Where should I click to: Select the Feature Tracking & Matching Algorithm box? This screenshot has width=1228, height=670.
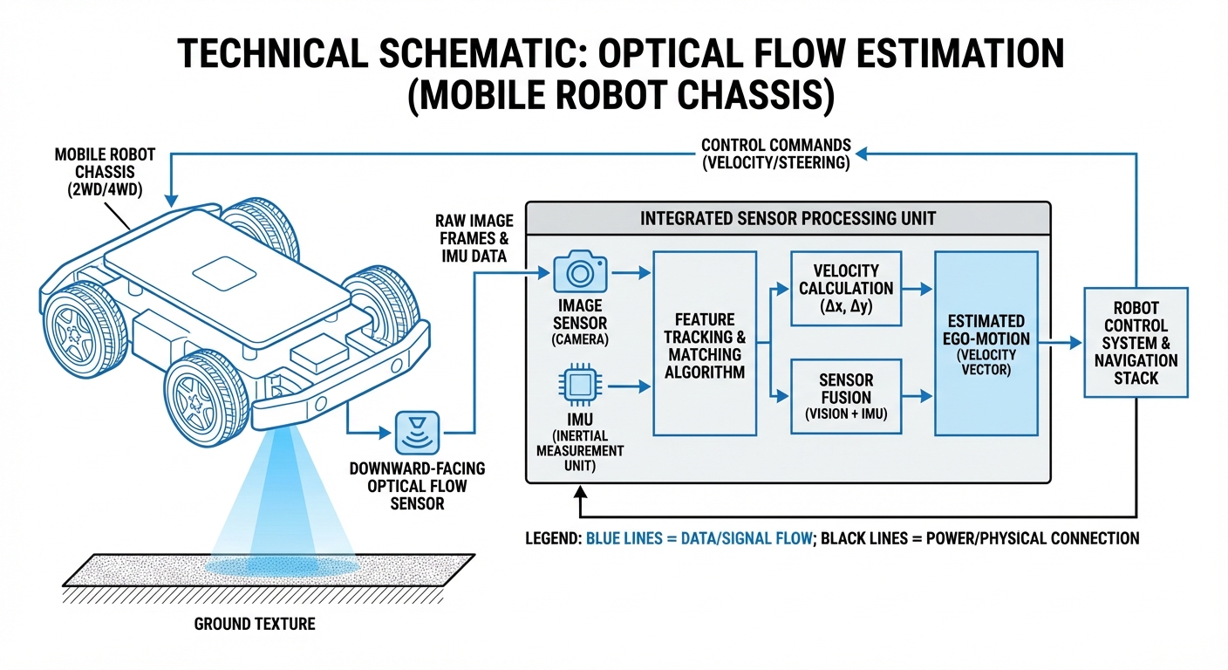(x=704, y=344)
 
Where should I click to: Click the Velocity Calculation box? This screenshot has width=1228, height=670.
(x=846, y=288)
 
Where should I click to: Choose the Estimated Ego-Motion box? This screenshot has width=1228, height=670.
(x=986, y=344)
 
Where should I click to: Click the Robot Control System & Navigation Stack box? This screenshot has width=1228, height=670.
(x=1136, y=344)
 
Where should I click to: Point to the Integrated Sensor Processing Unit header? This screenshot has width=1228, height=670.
(x=788, y=217)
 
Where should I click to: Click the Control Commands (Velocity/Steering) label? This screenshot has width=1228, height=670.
(x=775, y=154)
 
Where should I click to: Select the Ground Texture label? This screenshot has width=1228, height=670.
(x=255, y=624)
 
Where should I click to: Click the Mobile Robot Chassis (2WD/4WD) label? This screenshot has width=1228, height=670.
(x=105, y=172)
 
